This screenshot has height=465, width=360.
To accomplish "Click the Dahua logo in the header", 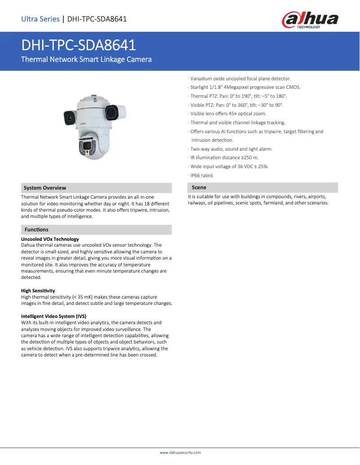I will click(x=310, y=20).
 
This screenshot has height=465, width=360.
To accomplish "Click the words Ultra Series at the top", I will click(x=40, y=19).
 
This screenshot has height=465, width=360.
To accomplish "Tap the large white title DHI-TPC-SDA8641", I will click(x=79, y=45).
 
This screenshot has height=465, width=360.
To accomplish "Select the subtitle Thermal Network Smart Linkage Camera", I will click(x=86, y=59).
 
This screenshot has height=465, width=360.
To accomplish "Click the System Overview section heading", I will click(x=45, y=188).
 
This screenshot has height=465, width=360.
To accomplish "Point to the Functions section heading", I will click(x=36, y=230).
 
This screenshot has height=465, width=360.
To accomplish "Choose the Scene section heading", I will click(x=199, y=187).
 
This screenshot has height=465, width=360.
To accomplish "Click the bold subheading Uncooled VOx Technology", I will click(x=50, y=239).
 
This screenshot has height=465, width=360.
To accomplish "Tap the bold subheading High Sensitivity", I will click(x=38, y=291).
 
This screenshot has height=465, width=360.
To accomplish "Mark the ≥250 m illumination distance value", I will click(x=250, y=158).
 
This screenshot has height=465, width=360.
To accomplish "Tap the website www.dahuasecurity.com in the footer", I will click(x=180, y=453).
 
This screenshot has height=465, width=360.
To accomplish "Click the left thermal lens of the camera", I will click(x=70, y=117).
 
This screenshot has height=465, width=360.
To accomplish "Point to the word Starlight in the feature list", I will click(x=199, y=87).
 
